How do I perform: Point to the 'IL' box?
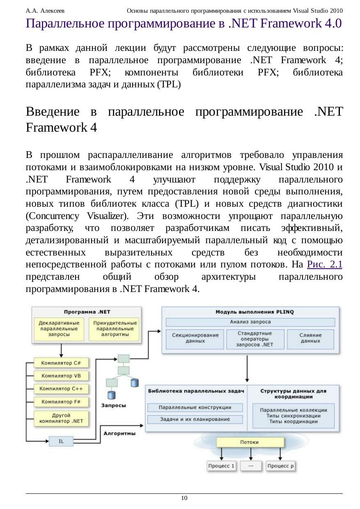61,441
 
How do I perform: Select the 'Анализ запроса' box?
250,322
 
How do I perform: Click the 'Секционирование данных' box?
195,338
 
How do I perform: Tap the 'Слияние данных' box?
310,338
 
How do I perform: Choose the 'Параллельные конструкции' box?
195,407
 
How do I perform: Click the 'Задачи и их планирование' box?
195,419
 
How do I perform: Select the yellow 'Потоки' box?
250,442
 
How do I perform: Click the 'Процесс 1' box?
222,466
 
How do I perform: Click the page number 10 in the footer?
184,498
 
